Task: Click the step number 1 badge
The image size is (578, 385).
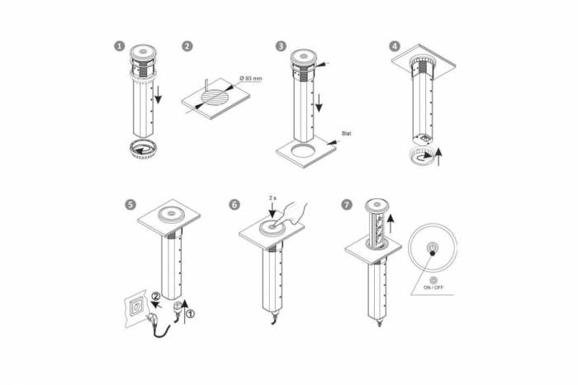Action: [x=120, y=46]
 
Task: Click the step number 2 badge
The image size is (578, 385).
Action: [x=187, y=46]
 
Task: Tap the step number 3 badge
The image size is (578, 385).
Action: [x=282, y=46]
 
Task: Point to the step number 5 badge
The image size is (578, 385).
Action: [x=130, y=204]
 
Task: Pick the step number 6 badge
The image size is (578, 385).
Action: [x=235, y=204]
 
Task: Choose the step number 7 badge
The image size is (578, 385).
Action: [x=347, y=204]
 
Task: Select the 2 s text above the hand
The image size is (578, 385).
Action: [x=273, y=199]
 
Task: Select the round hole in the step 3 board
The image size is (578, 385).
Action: [x=302, y=153]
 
